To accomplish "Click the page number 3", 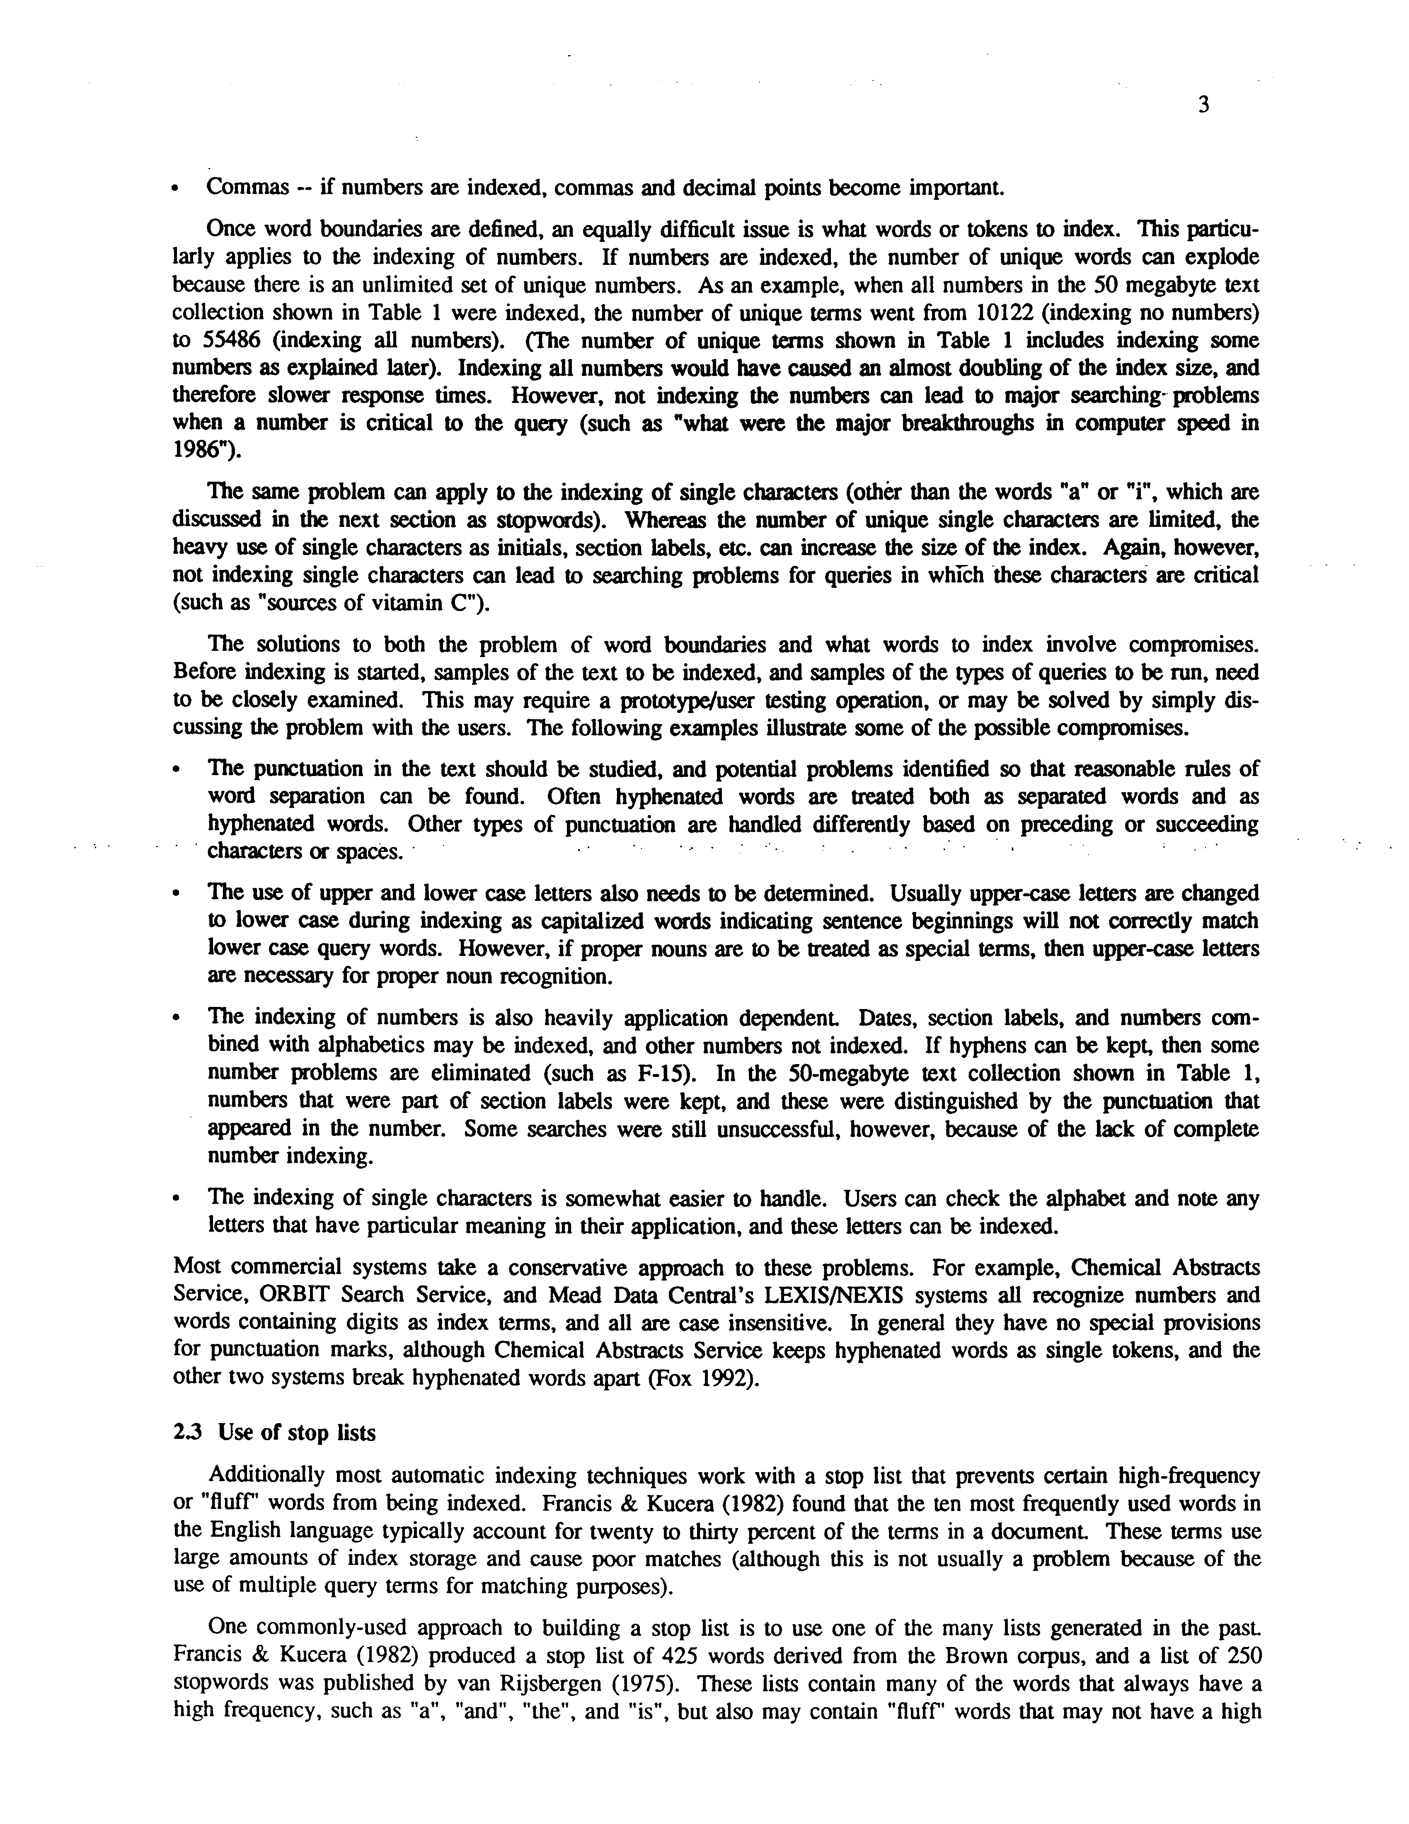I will [x=1203, y=105].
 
